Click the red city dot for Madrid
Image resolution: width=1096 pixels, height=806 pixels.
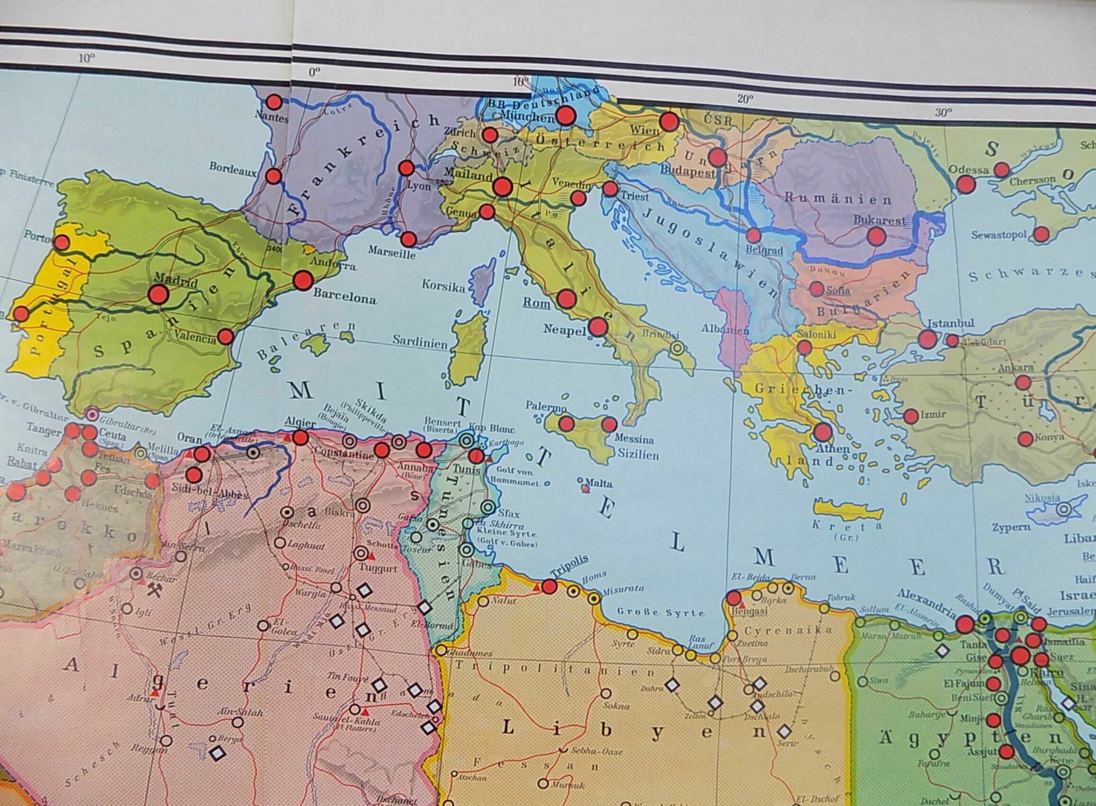pos(158,294)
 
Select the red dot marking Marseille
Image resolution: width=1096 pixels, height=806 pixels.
pos(409,239)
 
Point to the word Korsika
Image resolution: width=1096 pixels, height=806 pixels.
pos(443,286)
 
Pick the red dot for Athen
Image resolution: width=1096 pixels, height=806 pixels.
pos(822,431)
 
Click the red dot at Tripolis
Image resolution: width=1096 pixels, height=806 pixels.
pos(550,586)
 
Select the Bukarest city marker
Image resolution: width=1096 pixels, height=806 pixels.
pos(877,237)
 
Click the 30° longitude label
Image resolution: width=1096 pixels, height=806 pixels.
pos(943,113)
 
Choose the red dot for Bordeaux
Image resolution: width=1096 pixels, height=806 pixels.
pos(274,176)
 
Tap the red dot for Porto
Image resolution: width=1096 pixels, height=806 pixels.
pos(62,242)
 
